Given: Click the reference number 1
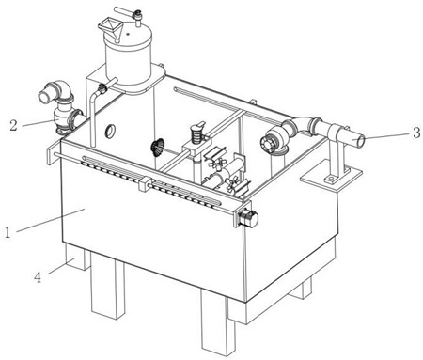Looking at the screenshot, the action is (8, 232).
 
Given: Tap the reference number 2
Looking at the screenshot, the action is (13, 126).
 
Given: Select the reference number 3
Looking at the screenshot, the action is (416, 133).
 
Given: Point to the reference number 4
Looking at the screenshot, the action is (38, 277).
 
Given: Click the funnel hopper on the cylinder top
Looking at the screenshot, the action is (111, 27).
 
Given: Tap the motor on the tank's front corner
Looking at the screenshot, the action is (248, 218).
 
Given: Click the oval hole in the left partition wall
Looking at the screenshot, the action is (110, 131).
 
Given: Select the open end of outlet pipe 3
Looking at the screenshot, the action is (361, 141).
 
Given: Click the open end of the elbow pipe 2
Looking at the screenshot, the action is (43, 96).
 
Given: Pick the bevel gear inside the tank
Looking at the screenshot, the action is (158, 148).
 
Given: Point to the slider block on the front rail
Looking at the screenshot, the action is (145, 183).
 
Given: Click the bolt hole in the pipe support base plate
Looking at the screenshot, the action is (330, 179).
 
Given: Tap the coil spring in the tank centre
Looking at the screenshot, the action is (196, 136).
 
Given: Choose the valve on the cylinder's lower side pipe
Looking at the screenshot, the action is (102, 88).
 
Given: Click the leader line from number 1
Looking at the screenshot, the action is (51, 220).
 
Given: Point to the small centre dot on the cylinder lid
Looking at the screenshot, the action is (128, 34).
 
